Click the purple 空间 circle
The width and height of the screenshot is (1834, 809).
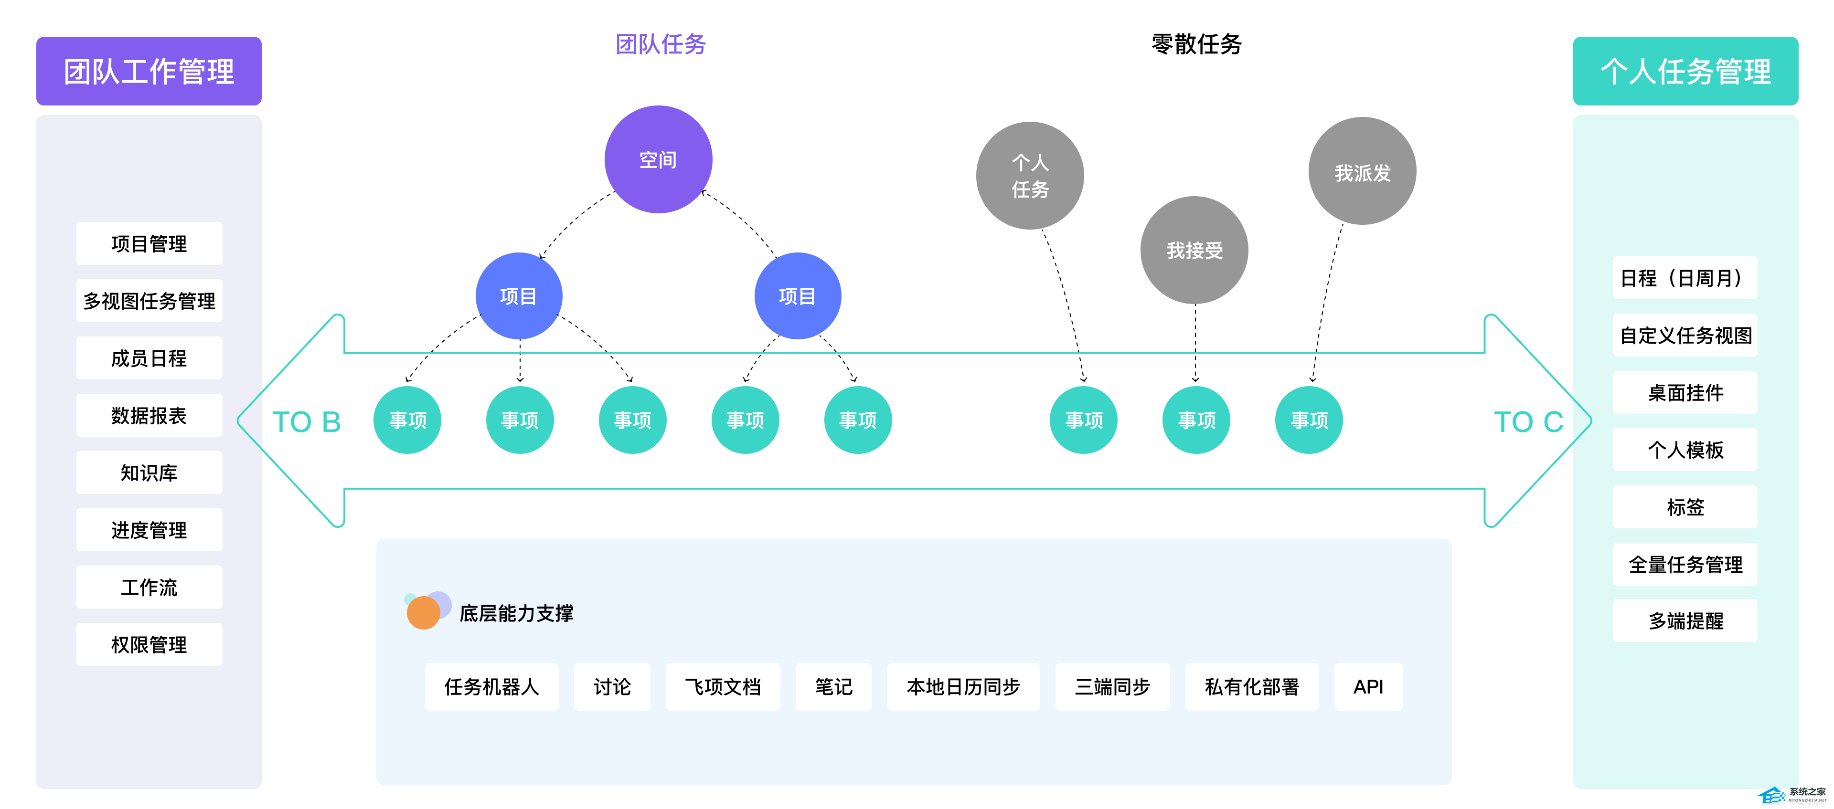pyautogui.click(x=658, y=159)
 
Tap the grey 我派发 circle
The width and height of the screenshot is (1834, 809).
pyautogui.click(x=1362, y=171)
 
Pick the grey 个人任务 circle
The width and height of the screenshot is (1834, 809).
pyautogui.click(x=1030, y=176)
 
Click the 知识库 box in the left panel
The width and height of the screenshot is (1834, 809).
pyautogui.click(x=149, y=473)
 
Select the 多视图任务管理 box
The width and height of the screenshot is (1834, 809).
pyautogui.click(x=149, y=301)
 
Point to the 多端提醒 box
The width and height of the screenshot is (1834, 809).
pyautogui.click(x=1685, y=621)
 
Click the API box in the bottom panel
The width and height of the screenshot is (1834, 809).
pyautogui.click(x=1368, y=687)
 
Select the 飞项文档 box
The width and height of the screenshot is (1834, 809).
pyautogui.click(x=723, y=687)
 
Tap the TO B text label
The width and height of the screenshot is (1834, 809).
pyautogui.click(x=306, y=422)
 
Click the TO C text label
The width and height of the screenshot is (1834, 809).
pyautogui.click(x=1528, y=422)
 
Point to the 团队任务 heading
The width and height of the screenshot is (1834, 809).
pyautogui.click(x=660, y=44)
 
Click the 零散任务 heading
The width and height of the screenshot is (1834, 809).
pyautogui.click(x=1196, y=44)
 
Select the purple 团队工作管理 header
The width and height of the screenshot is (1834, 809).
pyautogui.click(x=149, y=71)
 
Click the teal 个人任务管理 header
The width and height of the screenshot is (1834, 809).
pyautogui.click(x=1685, y=71)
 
